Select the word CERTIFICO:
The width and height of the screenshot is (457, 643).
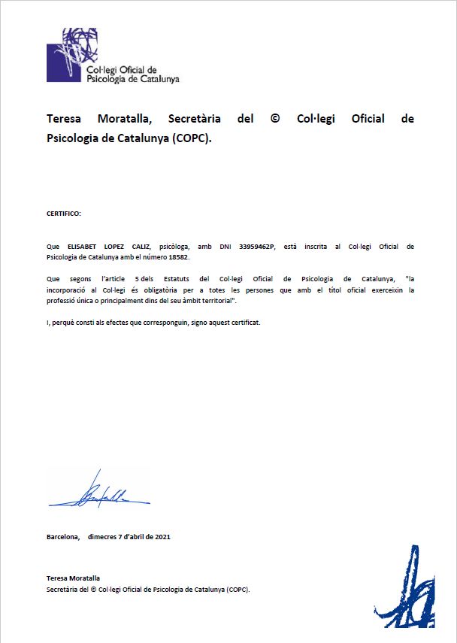pos(63,214)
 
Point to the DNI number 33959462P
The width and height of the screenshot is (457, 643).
pos(256,246)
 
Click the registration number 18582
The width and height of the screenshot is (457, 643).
pos(178,257)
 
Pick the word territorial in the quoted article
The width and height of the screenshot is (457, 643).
pos(213,301)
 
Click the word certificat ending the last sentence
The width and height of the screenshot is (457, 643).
pos(245,323)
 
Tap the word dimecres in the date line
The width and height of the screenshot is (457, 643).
pos(102,536)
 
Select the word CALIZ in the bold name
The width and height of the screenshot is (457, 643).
pos(141,246)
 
